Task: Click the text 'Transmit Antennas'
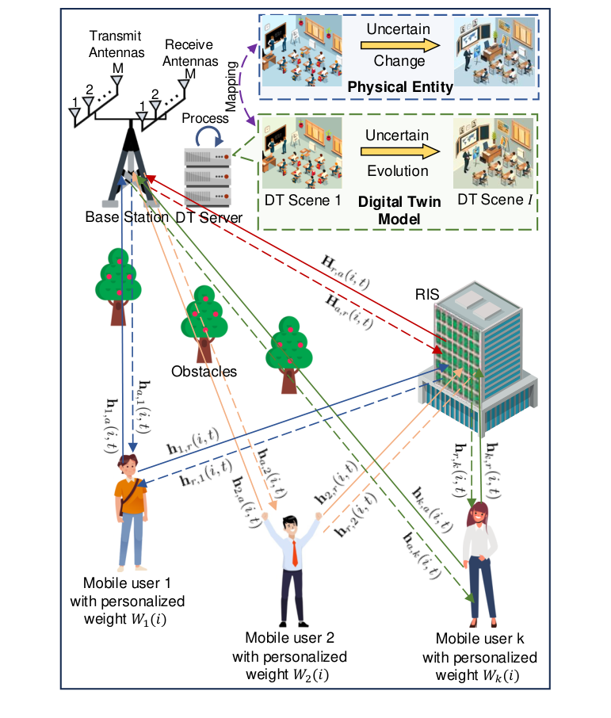[x=116, y=44]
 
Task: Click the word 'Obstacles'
[x=204, y=371]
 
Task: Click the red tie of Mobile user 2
[x=294, y=552]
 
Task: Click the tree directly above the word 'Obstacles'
[x=205, y=321]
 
